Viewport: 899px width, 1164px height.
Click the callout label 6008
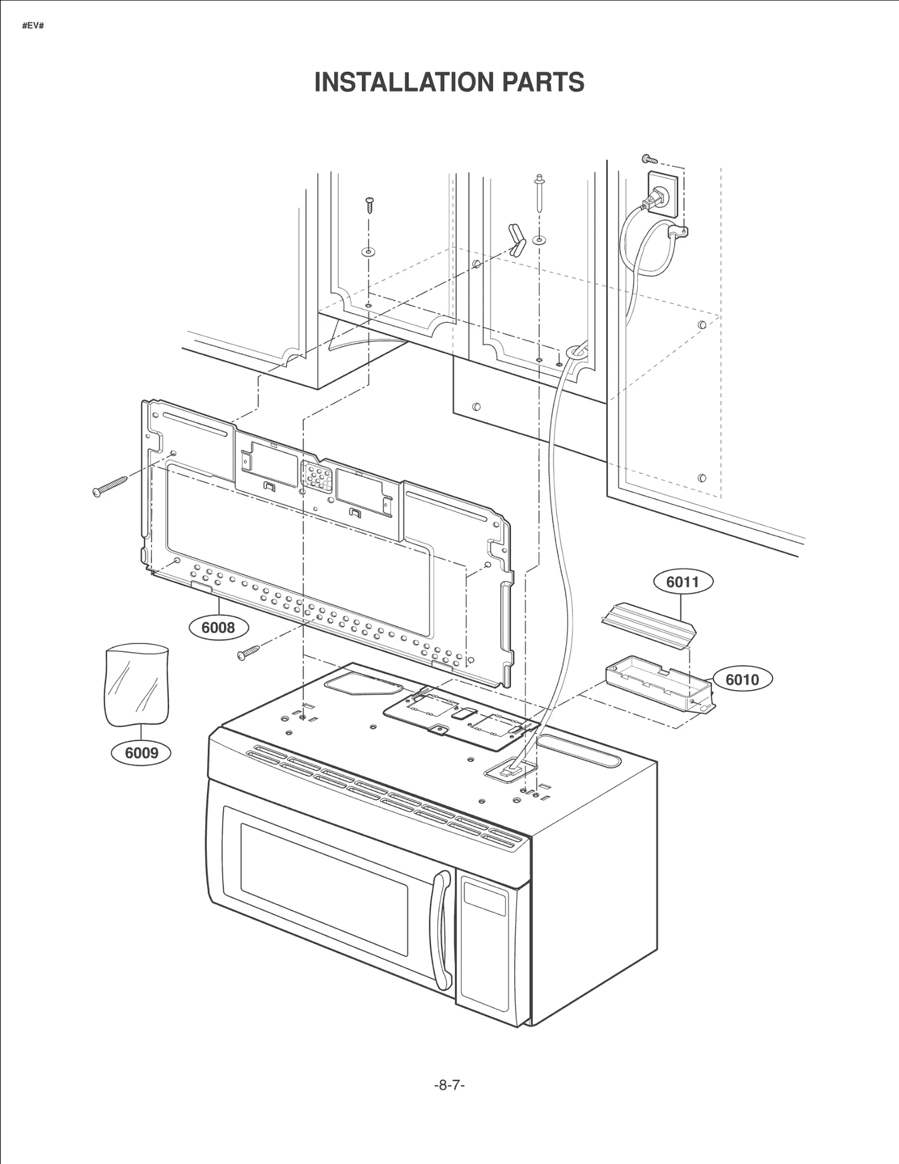(x=218, y=627)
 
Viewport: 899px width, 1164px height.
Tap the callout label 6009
(x=141, y=752)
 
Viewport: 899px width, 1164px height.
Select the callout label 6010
(x=742, y=680)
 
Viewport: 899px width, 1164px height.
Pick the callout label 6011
(x=683, y=582)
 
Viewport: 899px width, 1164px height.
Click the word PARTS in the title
(x=543, y=83)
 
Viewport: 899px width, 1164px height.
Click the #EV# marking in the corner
(x=33, y=26)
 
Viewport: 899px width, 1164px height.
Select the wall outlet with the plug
(x=663, y=194)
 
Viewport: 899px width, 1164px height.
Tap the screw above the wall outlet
(x=649, y=159)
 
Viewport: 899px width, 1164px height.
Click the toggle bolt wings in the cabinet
(x=516, y=240)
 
